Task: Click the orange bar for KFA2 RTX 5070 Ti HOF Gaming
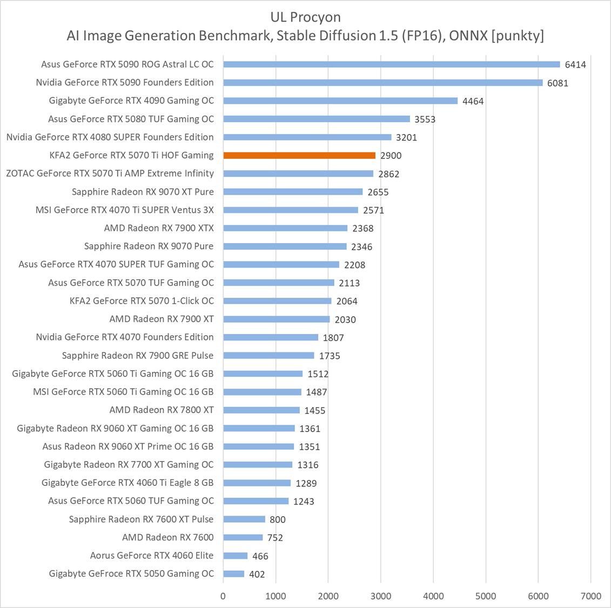[x=299, y=155]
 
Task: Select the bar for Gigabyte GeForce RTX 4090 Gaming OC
[x=340, y=101]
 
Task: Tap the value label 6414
[x=575, y=65]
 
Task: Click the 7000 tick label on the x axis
[x=590, y=596]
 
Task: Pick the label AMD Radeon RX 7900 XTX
[x=159, y=228]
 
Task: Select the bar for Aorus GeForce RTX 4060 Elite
[x=236, y=556]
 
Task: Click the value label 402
[x=257, y=574]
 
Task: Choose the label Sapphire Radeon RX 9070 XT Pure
[x=143, y=192]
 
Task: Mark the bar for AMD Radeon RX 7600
[x=243, y=537]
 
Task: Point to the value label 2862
[x=389, y=174]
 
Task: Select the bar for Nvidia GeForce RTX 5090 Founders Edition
[x=383, y=83]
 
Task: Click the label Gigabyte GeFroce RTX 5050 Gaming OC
[x=131, y=574]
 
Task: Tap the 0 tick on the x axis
[x=223, y=596]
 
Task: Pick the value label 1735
[x=330, y=356]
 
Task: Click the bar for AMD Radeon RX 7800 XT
[x=261, y=410]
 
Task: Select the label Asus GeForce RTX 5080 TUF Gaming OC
[x=131, y=119]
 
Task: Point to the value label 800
[x=278, y=520]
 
